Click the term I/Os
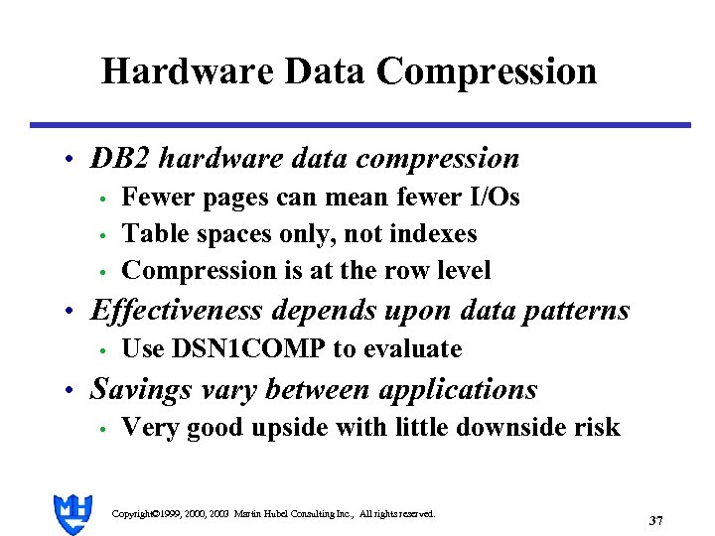[x=494, y=198]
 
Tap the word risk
[x=595, y=428]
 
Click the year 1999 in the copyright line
[x=169, y=514]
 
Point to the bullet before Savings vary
[x=67, y=390]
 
